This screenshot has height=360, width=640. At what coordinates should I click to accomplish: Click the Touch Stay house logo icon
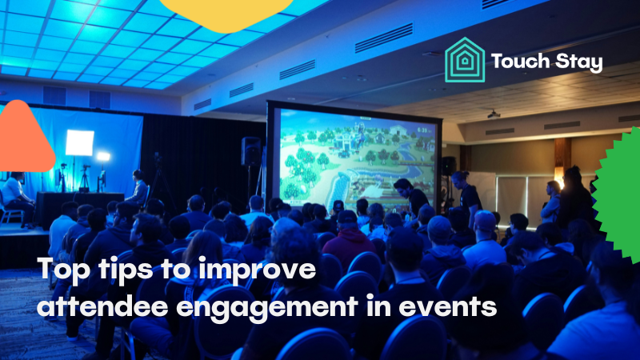point(465,61)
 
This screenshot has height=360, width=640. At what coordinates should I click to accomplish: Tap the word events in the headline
point(447,306)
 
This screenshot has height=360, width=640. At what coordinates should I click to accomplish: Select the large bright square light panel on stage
point(79,143)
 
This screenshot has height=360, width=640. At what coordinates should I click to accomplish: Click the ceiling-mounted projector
point(494,114)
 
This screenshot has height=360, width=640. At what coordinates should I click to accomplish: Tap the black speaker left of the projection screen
point(250,150)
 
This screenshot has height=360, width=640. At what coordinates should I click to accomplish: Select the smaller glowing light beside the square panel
point(102,156)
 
